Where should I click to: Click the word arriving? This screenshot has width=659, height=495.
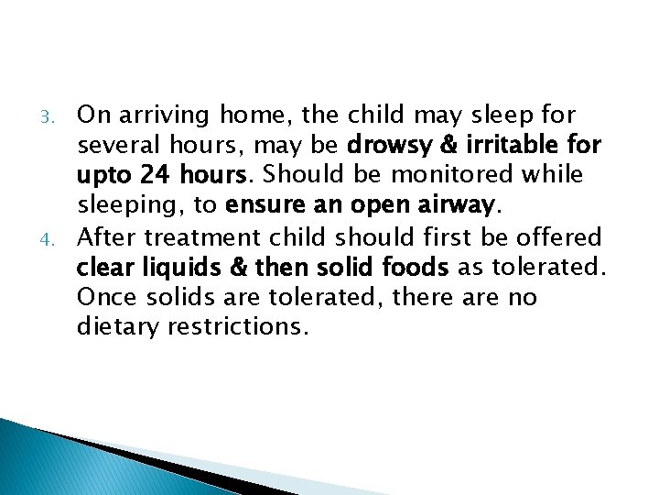[x=161, y=115]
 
